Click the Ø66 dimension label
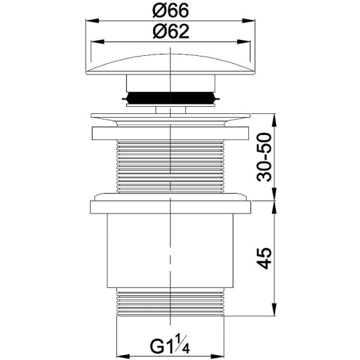coord(170,11)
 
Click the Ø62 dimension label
coord(171,31)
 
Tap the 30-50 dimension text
coord(264,157)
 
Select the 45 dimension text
coord(264,258)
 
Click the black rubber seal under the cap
coord(170,98)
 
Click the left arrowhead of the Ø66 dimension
coord(92,20)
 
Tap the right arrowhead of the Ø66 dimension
coord(248,20)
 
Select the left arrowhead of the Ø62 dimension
coord(98,42)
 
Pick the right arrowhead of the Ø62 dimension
coord(244,42)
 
